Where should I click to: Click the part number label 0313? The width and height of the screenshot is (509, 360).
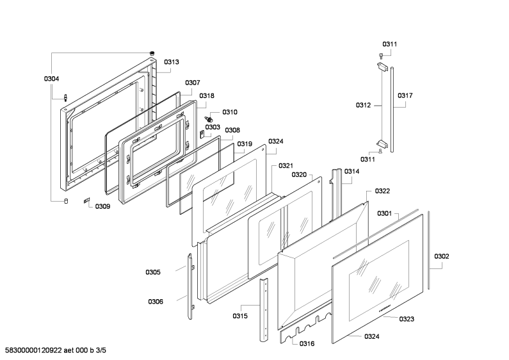point(171,62)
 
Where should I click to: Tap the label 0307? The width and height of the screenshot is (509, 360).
point(193,83)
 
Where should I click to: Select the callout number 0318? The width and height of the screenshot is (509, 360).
point(207,96)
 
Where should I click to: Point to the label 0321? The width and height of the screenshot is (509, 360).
point(286,166)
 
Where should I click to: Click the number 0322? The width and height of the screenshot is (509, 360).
point(382,191)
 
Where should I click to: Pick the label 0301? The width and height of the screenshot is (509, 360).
point(384,213)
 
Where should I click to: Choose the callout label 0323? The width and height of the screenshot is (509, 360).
point(407,319)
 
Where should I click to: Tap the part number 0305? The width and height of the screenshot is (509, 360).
point(153,272)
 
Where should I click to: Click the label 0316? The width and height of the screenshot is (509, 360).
point(307,344)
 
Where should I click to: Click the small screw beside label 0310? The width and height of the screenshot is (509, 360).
point(209,119)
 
